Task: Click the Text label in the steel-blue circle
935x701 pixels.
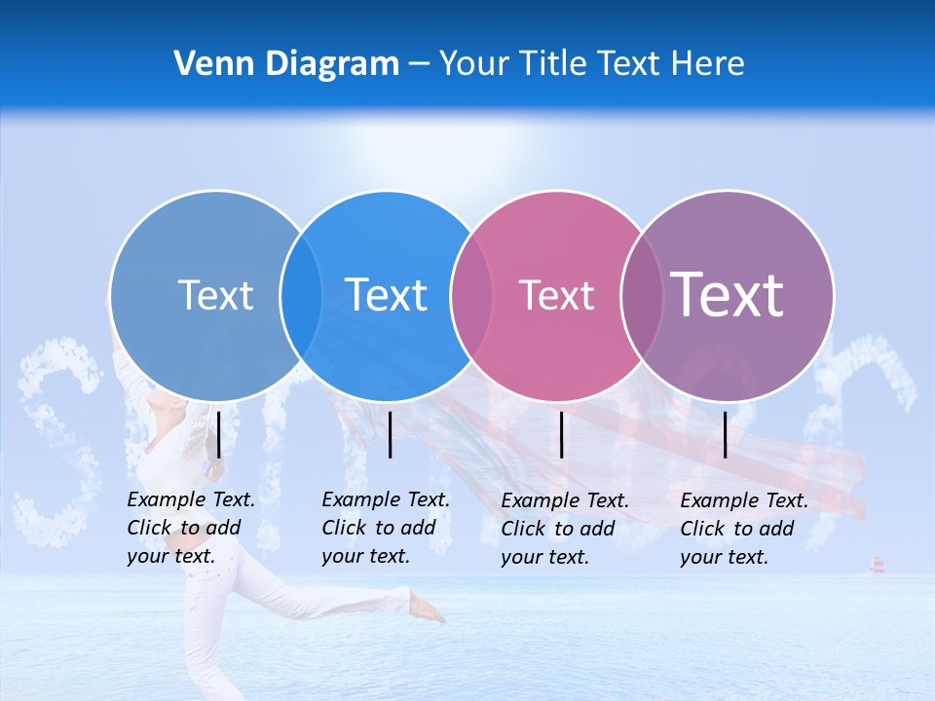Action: pos(215,295)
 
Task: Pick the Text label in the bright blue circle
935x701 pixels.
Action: pos(387,295)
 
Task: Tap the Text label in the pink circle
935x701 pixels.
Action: pos(556,295)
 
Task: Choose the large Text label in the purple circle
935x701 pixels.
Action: pos(728,294)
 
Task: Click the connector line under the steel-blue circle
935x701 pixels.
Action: pos(219,434)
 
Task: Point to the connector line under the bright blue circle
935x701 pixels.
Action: pos(390,434)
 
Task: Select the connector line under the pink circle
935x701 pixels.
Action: pos(561,434)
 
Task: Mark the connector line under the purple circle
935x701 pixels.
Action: pos(725,434)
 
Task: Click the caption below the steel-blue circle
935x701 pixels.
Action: pos(190,528)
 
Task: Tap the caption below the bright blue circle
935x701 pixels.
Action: pos(385,528)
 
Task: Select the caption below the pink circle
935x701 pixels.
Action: pos(564,529)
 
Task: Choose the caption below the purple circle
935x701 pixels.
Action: pos(743,529)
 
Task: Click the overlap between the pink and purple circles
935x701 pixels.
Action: pos(642,295)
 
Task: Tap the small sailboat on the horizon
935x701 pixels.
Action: pos(878,565)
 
